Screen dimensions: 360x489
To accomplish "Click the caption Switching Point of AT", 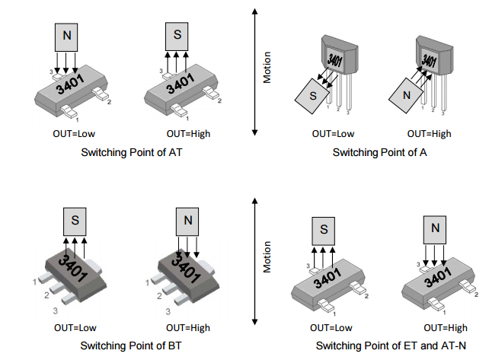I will pyautogui.click(x=131, y=152).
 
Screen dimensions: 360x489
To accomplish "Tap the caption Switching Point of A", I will pyautogui.click(x=379, y=152).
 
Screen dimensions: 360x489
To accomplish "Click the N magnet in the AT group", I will pyautogui.click(x=66, y=35).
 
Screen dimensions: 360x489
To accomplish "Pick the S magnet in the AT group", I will pyautogui.click(x=177, y=35).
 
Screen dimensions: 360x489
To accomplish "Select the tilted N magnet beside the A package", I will pyautogui.click(x=406, y=97).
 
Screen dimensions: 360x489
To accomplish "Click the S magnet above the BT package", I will pyautogui.click(x=75, y=221).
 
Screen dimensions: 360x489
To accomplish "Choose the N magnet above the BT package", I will pyautogui.click(x=187, y=221).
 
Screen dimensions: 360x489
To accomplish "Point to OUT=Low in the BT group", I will pyautogui.click(x=75, y=327).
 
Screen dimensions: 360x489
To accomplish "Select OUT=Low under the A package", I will pyautogui.click(x=333, y=134).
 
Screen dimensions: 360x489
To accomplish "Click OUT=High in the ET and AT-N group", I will pyautogui.click(x=446, y=328).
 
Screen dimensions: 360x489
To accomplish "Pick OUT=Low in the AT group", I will pyautogui.click(x=66, y=134).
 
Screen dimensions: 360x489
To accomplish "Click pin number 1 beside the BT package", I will pyautogui.click(x=34, y=282).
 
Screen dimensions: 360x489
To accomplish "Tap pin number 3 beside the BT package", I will pyautogui.click(x=54, y=311).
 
